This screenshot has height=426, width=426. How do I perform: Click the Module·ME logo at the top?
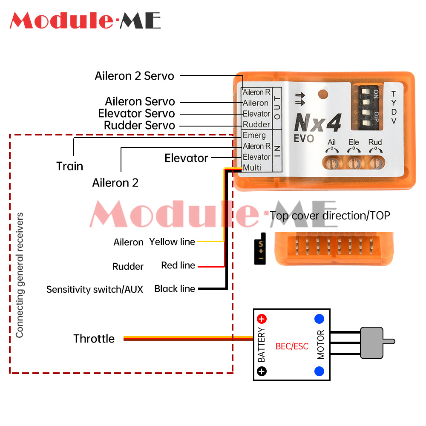pyautogui.click(x=85, y=20)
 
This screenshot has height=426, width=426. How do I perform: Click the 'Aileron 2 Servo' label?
pyautogui.click(x=134, y=76)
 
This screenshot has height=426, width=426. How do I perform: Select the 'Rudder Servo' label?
pyautogui.click(x=139, y=126)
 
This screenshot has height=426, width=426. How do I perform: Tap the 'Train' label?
pyautogui.click(x=69, y=166)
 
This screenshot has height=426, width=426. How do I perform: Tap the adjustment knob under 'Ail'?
pyautogui.click(x=331, y=162)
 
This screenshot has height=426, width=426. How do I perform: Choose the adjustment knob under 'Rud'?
pyautogui.click(x=375, y=162)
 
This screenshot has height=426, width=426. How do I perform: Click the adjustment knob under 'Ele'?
pyautogui.click(x=353, y=162)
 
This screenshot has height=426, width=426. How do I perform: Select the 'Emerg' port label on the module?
pyautogui.click(x=254, y=135)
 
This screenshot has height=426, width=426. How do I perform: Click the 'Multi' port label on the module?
pyautogui.click(x=252, y=168)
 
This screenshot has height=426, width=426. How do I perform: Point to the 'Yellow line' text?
pyautogui.click(x=172, y=242)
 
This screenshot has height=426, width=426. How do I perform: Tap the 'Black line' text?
pyautogui.click(x=175, y=289)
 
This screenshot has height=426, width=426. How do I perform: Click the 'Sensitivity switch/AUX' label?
pyautogui.click(x=95, y=290)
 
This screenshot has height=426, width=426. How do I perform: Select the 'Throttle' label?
pyautogui.click(x=94, y=339)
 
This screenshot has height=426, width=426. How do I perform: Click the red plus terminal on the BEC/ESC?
pyautogui.click(x=262, y=319)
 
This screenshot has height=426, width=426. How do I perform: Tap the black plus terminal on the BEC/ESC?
pyautogui.click(x=262, y=371)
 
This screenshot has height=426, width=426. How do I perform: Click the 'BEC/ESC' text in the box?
pyautogui.click(x=292, y=346)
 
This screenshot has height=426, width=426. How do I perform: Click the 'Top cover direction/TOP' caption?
pyautogui.click(x=330, y=216)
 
